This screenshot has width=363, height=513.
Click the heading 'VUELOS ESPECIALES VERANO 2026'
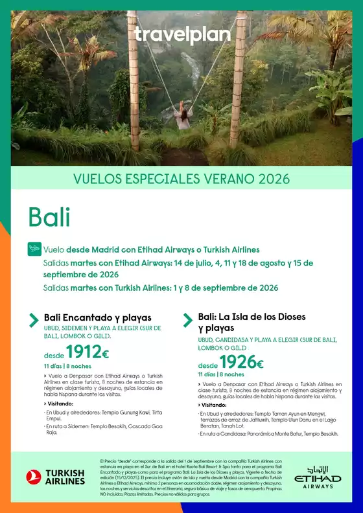pos(181,179)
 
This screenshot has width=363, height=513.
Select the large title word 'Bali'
pos(49,217)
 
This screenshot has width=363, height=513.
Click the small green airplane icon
pos(34,249)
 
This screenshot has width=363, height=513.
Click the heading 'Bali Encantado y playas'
pos(97,318)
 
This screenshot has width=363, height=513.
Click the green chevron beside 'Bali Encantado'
pos(34,319)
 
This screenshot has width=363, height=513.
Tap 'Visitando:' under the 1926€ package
pos(213,405)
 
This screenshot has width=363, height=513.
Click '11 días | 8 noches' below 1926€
pos(221,374)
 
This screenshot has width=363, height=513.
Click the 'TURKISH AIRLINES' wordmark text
pos(65,477)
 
